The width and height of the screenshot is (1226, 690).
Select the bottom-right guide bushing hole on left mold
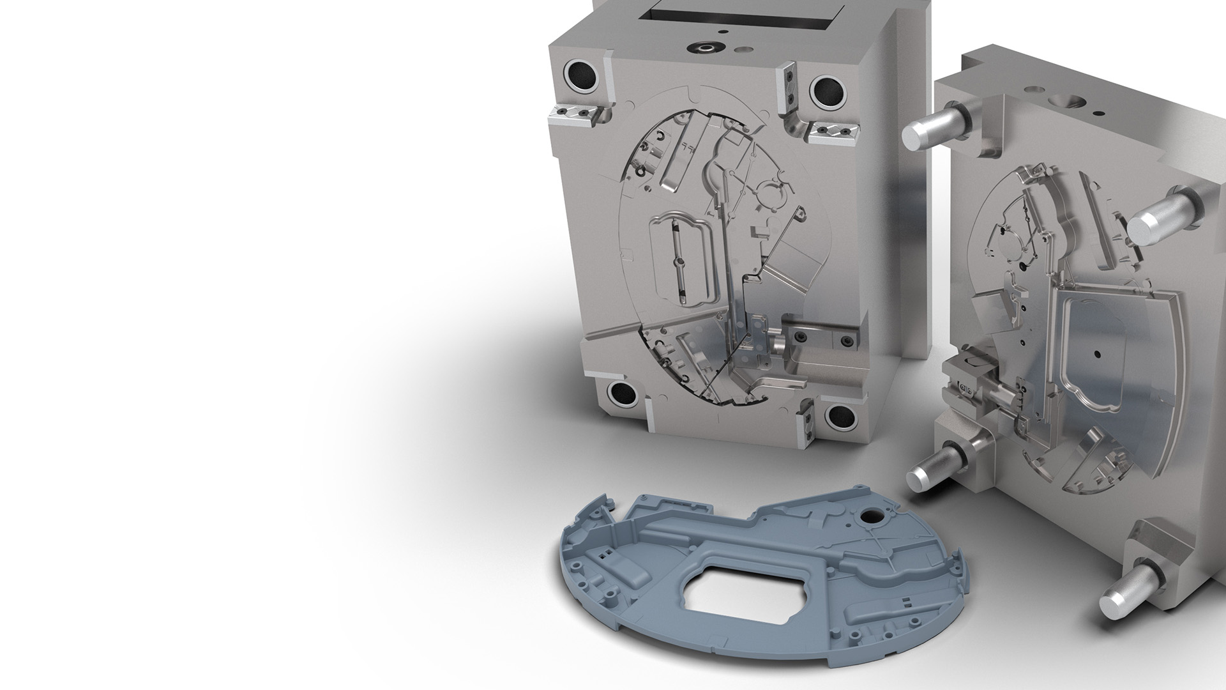point(840,417)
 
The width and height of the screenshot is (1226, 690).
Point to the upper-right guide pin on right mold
point(1154,221)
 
